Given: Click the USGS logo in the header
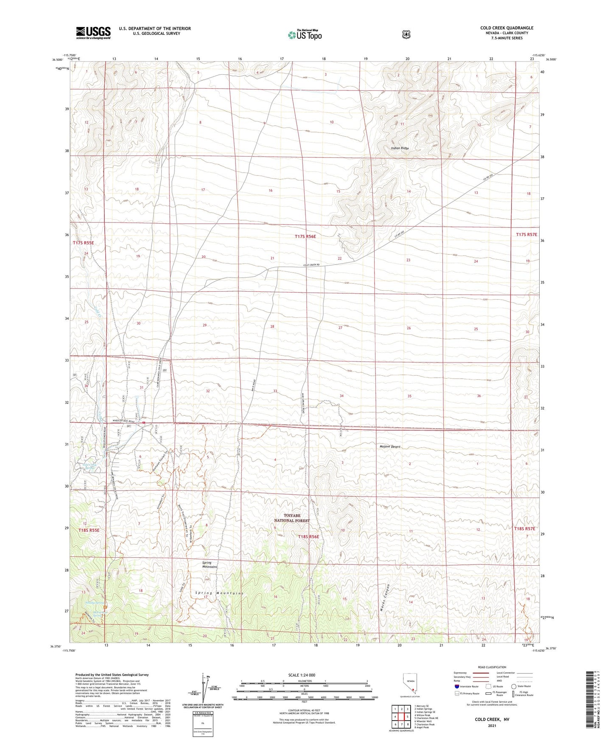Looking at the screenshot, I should pos(93,33).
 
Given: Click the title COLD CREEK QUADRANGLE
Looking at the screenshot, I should pos(507,28).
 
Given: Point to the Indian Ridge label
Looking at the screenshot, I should pos(400,148).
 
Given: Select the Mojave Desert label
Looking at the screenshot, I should pos(390,446).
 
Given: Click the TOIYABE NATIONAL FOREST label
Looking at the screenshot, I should pos(291,518).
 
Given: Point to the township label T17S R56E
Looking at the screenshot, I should pos(305,236).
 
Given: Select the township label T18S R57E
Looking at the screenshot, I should pos(525,529).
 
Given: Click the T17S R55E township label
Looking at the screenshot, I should pos(83,243).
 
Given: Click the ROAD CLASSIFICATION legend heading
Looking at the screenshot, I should pos(492,667).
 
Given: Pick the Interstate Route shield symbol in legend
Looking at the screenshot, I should pos(456,686).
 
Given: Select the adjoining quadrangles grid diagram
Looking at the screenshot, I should pos(401,717).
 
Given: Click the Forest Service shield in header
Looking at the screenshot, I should pos(406,34).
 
